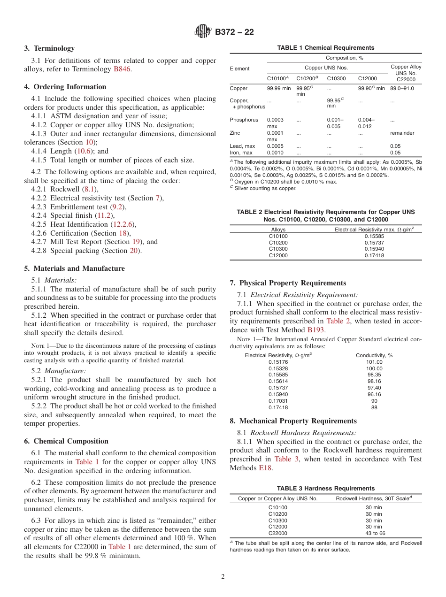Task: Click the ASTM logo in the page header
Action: click(x=203, y=31)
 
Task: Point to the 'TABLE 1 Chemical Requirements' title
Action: click(x=325, y=48)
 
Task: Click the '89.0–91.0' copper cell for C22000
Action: click(x=402, y=88)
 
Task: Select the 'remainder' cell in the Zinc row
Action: click(x=402, y=133)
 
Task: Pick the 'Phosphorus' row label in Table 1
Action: click(x=244, y=120)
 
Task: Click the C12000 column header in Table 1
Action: click(x=368, y=78)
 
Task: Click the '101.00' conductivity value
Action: click(x=374, y=362)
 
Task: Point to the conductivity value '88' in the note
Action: click(x=374, y=407)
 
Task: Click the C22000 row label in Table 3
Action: click(x=278, y=533)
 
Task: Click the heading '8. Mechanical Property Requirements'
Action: click(x=293, y=421)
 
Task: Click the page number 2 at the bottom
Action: click(x=223, y=577)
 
